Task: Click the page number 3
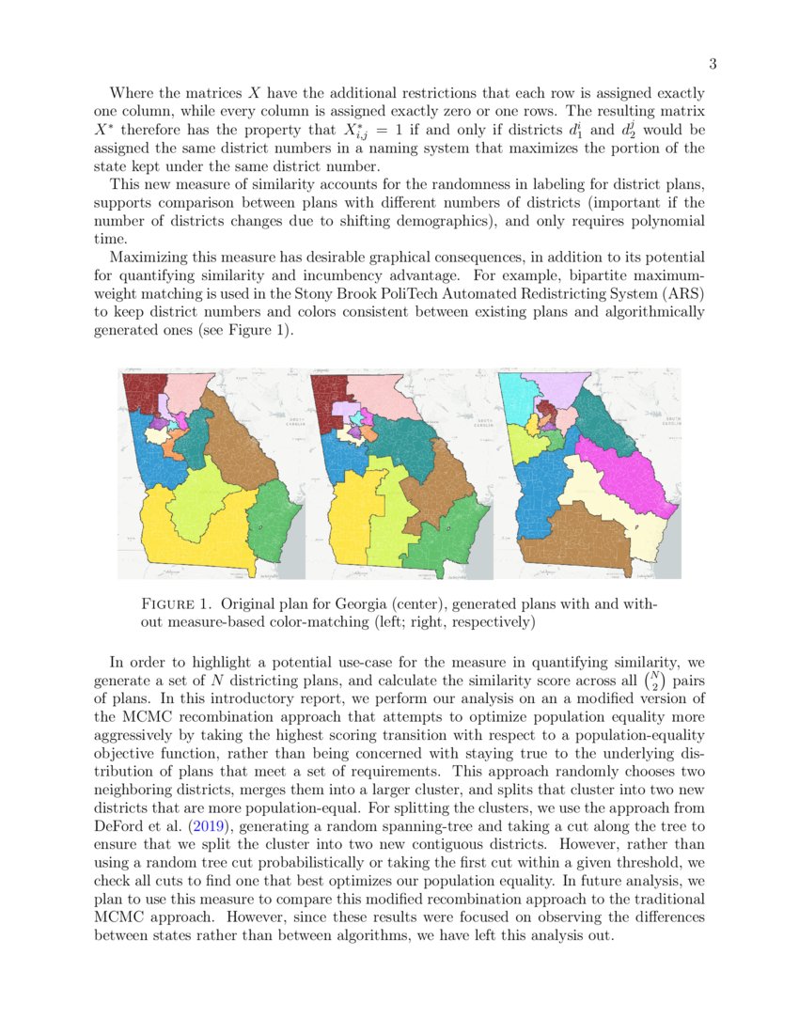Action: (713, 64)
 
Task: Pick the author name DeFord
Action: (121, 827)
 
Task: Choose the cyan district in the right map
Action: (516, 399)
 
